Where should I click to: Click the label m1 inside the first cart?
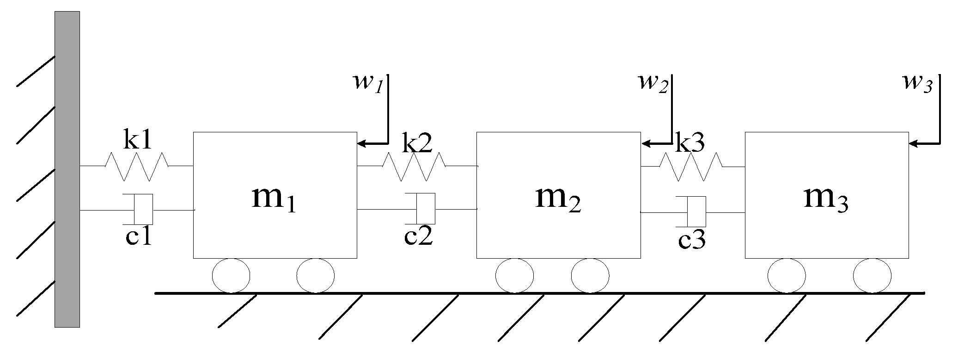[x=274, y=199]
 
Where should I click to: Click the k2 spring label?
[x=417, y=144]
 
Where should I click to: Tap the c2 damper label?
[x=418, y=236]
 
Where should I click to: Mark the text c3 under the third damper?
[x=692, y=241]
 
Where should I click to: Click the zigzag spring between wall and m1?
[x=136, y=167]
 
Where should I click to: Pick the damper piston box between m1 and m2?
[x=426, y=209]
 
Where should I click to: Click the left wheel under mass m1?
[x=231, y=276]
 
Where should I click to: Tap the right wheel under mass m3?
[x=872, y=276]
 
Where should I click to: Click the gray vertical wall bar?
[x=67, y=169]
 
